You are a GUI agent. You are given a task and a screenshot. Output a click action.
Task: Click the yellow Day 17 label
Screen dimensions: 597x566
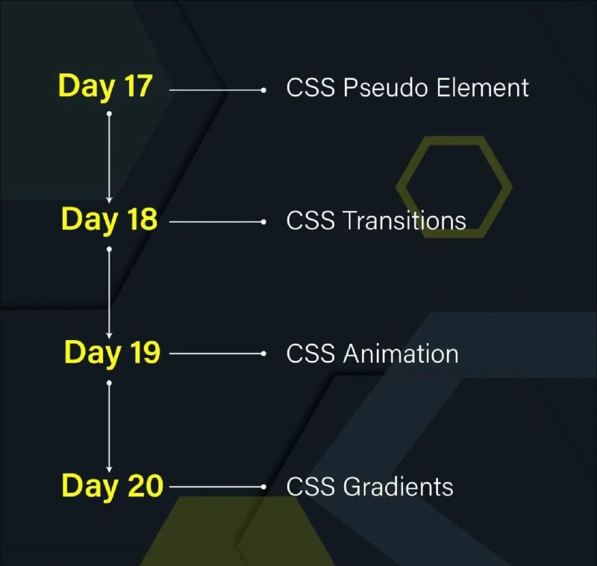105,87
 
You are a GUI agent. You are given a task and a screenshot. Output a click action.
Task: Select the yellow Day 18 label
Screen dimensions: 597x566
109,220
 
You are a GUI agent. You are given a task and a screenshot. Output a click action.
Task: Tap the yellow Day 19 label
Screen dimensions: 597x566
113,353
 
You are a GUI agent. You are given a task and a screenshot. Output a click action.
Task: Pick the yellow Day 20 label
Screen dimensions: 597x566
113,486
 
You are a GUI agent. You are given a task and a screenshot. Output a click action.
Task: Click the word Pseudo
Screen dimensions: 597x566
386,88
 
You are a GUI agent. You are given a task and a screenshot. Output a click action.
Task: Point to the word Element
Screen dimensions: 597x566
482,87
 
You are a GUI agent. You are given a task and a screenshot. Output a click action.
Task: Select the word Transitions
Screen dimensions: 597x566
404,220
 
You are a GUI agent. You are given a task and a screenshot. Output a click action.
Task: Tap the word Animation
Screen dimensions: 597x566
401,353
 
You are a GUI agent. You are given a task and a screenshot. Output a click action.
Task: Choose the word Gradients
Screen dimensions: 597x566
398,486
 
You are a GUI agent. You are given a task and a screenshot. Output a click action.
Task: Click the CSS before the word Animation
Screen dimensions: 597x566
310,353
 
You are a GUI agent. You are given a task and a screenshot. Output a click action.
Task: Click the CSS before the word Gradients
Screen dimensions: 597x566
310,486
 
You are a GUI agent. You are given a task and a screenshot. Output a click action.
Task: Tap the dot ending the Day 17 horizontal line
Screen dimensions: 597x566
263,90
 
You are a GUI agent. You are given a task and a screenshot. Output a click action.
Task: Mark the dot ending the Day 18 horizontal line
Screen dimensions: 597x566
263,221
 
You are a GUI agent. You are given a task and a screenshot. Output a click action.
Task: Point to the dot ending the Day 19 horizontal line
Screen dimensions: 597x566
263,353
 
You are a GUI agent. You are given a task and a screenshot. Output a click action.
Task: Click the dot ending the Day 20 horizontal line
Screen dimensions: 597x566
263,486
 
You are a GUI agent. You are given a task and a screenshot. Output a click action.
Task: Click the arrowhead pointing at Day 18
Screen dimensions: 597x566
109,200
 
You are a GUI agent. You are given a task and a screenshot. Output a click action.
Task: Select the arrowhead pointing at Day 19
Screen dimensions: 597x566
109,336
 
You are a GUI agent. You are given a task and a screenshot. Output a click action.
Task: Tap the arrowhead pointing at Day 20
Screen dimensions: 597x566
109,469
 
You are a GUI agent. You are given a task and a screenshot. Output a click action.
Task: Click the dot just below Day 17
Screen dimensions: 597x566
109,114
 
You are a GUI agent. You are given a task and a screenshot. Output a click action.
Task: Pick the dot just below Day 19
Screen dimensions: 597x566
109,383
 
